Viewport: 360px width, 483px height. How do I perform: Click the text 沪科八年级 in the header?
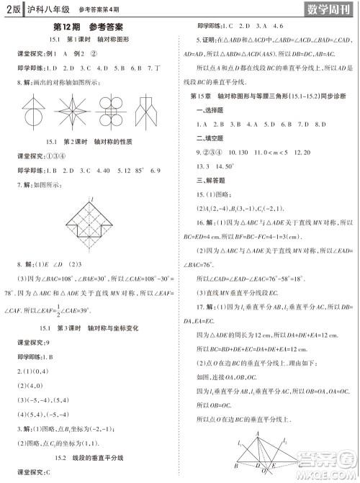[x=48, y=9]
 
